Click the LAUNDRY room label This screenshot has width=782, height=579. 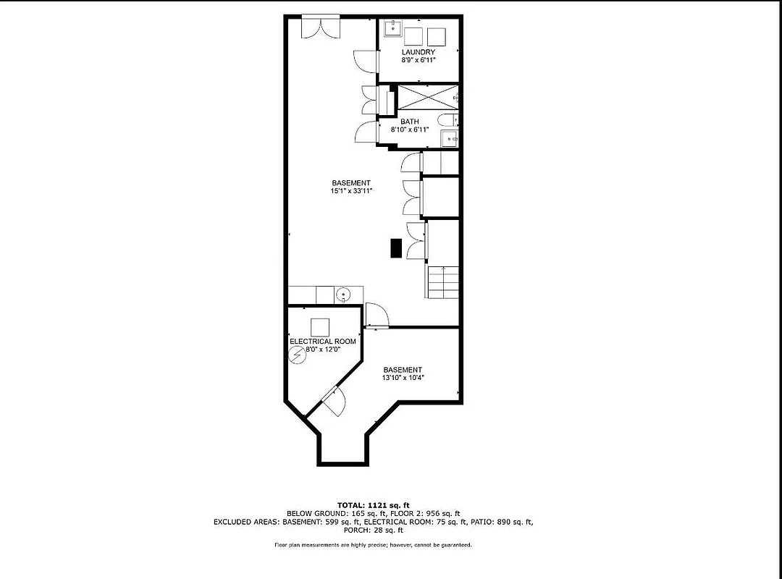(419, 52)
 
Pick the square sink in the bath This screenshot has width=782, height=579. (450, 138)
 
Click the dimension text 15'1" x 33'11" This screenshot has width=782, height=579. (351, 191)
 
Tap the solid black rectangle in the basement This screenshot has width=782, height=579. (396, 248)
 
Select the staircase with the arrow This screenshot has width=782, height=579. (442, 281)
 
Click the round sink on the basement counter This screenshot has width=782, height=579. (344, 295)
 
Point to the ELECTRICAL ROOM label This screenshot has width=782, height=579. (322, 341)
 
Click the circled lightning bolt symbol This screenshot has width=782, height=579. (297, 355)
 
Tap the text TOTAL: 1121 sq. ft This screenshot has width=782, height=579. (373, 504)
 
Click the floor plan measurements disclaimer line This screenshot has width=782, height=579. (373, 545)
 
